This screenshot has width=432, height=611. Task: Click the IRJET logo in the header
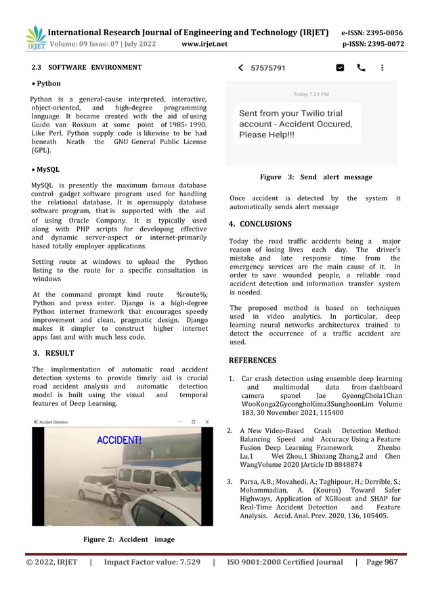click(35, 39)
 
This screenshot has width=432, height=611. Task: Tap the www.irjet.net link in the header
click(204, 45)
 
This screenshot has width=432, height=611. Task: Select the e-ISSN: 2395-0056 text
click(372, 32)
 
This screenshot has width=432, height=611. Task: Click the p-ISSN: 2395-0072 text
click(372, 45)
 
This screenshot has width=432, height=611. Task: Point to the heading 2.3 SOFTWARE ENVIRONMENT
click(87, 68)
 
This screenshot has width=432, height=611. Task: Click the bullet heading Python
click(48, 84)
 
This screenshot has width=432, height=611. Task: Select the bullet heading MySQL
click(47, 170)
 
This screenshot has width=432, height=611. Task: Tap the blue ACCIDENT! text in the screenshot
click(119, 440)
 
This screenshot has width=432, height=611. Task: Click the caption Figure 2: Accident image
click(129, 539)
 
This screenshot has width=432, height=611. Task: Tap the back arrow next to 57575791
click(240, 68)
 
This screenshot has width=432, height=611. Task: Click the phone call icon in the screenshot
click(361, 68)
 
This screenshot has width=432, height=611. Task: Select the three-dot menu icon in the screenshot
click(383, 68)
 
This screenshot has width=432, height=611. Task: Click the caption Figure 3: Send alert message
click(316, 177)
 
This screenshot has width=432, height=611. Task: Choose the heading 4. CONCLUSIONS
click(260, 224)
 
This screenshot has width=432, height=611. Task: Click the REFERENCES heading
click(252, 361)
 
